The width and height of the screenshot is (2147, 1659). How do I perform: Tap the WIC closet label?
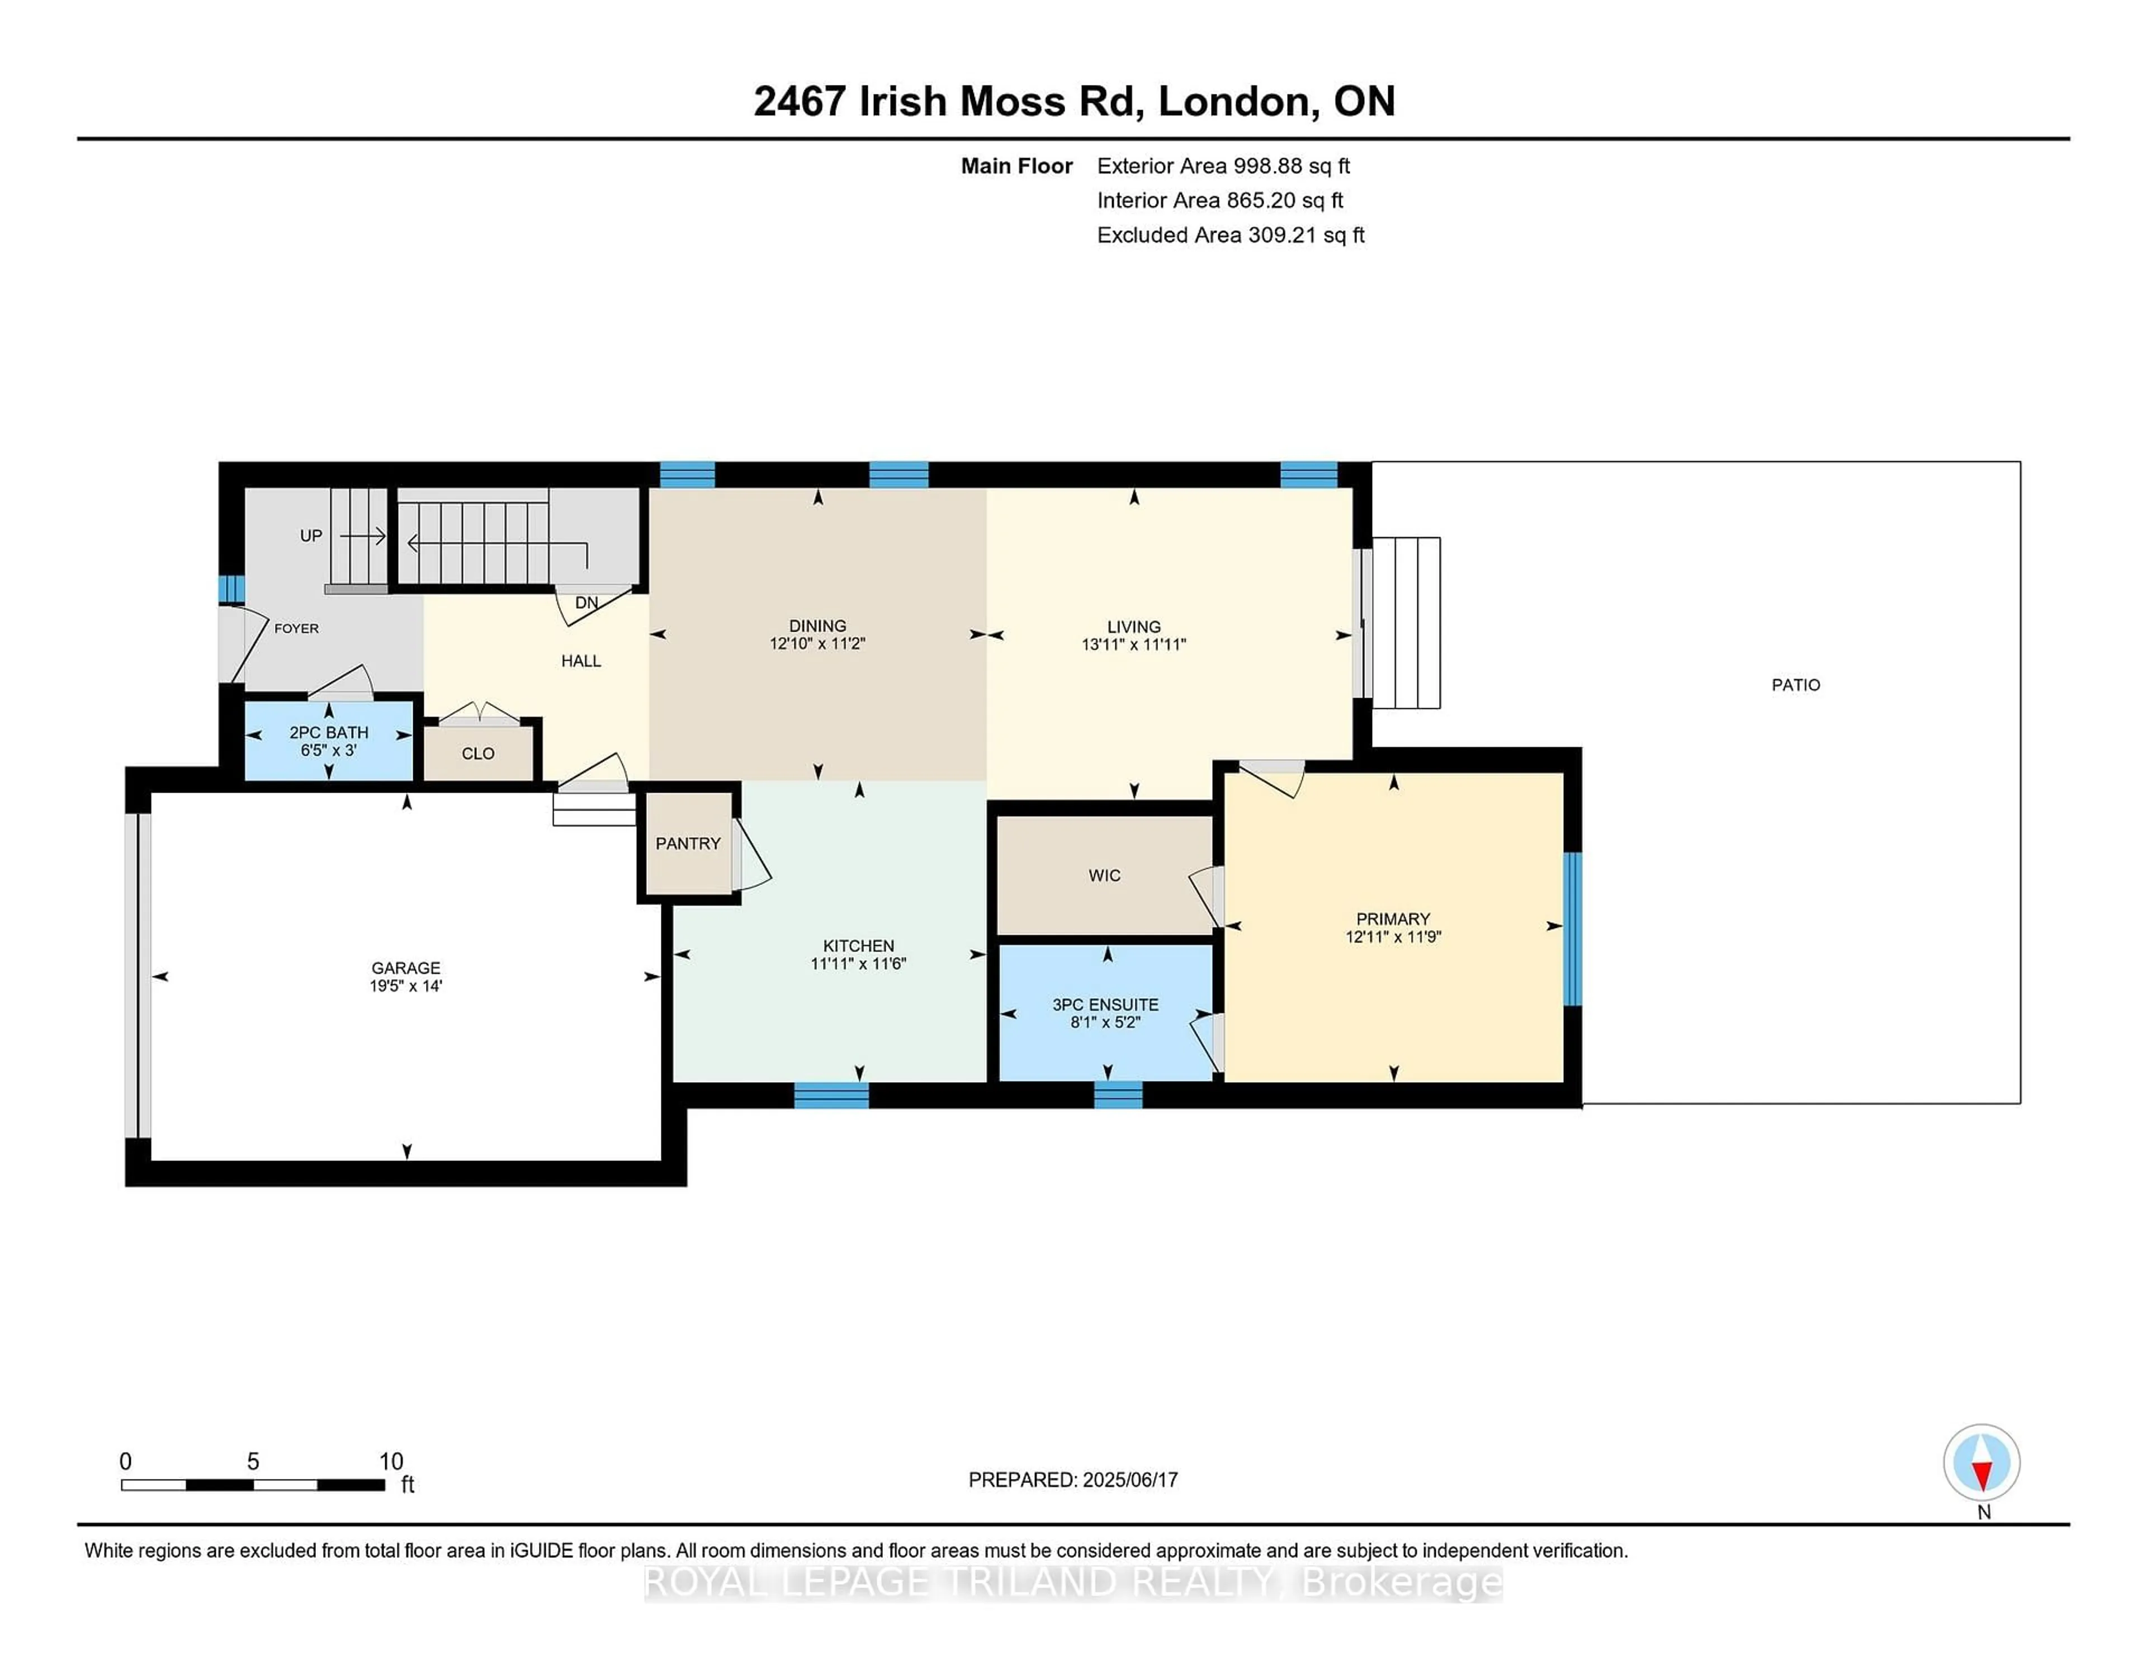1104,876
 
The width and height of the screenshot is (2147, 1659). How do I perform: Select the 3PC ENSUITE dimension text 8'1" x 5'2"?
1105,1022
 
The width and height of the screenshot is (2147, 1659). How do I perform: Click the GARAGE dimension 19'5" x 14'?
406,986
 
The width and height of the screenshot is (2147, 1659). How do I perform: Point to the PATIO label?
1795,685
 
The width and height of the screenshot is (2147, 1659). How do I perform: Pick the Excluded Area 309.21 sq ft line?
1230,235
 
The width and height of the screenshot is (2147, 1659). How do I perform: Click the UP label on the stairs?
311,535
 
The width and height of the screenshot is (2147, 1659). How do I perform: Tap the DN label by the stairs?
586,603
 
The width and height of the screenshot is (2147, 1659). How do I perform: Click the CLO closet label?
478,754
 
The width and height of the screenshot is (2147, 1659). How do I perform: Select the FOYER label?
296,628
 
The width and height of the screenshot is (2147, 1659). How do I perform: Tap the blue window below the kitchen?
831,1095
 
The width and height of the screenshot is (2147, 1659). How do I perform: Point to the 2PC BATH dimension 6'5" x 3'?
328,750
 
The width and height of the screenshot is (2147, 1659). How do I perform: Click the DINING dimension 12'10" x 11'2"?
817,644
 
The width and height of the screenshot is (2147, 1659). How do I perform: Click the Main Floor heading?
1016,166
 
